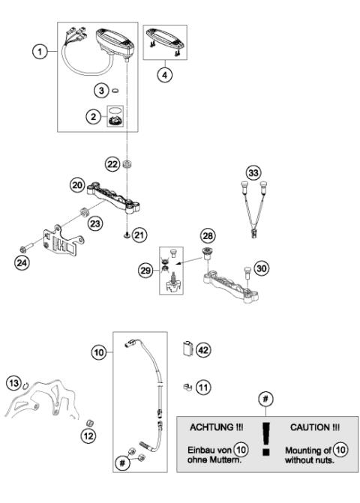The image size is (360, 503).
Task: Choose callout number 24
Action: [x=22, y=263]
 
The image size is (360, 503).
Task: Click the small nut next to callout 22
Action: [x=128, y=163]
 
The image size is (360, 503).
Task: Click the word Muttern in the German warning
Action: [x=224, y=460]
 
